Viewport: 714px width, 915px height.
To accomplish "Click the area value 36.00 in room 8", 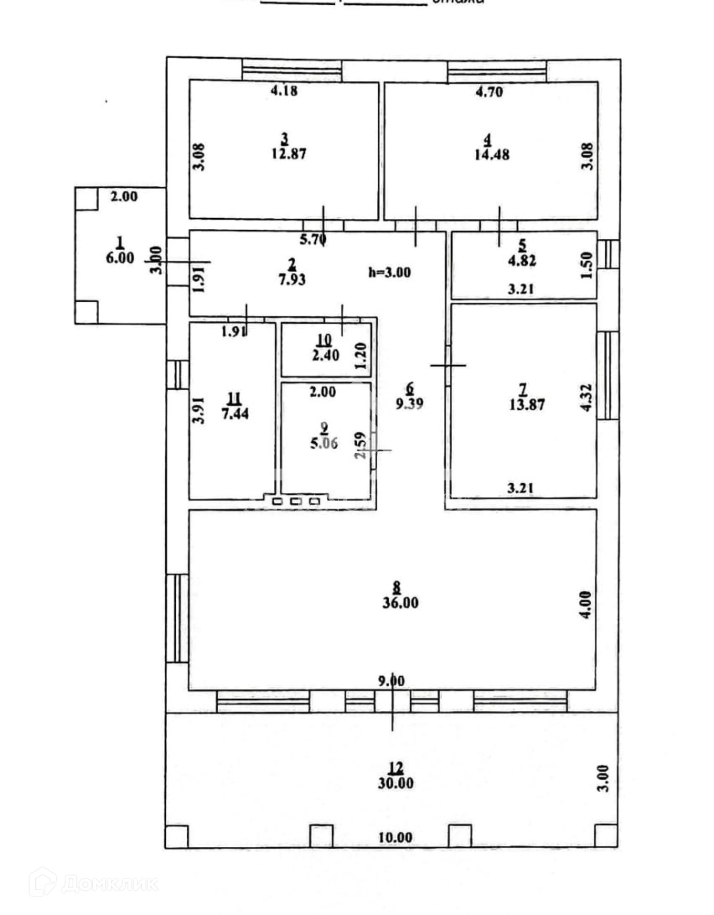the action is pos(400,603).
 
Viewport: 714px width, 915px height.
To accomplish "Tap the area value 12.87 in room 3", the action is pos(289,154).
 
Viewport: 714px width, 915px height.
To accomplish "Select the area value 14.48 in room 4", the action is pos(492,154).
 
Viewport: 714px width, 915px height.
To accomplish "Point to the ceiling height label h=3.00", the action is pos(389,273).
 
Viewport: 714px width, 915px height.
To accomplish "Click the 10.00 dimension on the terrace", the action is pos(395,837).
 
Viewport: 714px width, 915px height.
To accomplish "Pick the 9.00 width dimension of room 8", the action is pos(392,681).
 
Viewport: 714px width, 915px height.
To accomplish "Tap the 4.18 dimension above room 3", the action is pos(284,90).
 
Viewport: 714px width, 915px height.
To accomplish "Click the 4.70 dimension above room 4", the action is pos(489,91).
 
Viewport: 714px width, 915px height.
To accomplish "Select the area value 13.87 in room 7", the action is pos(526,405).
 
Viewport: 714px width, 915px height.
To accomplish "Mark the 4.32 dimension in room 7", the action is pos(586,397).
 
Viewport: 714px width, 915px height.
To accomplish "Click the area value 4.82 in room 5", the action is pos(523,261).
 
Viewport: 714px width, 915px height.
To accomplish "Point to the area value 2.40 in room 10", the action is pos(326,355).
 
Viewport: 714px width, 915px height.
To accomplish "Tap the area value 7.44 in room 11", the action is pos(235,413).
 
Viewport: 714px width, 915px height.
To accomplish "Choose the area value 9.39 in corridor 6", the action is pos(410,404).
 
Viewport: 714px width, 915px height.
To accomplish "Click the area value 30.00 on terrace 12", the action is pos(395,783).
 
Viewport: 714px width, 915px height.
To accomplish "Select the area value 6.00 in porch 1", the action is pos(120,258).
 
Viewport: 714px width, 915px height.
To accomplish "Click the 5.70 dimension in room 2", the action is pos(312,239).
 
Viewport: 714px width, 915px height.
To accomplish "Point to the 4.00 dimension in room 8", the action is pos(586,605).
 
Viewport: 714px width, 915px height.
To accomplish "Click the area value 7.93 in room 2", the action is pos(292,279).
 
